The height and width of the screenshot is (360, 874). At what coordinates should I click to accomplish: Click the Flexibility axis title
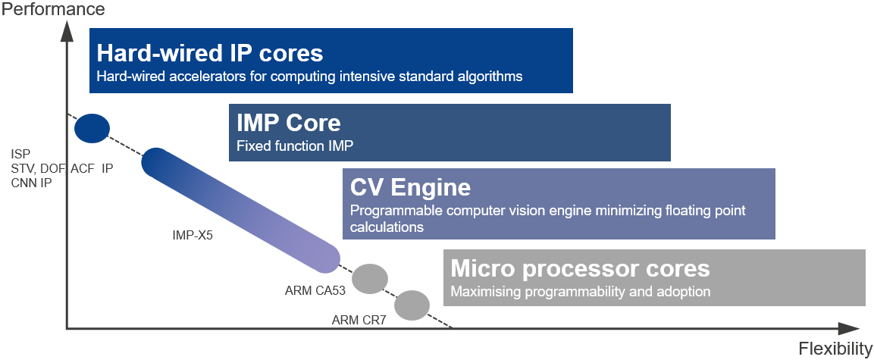pos(835,349)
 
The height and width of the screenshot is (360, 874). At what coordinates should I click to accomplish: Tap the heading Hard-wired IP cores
pos(210,53)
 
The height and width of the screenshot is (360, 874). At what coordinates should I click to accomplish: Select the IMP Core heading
pos(289,123)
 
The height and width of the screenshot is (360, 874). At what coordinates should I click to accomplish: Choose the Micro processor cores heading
pos(580,268)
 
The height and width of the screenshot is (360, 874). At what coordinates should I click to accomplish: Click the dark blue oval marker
pos(92,128)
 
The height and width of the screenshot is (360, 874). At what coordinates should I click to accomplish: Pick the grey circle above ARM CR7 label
pos(412,305)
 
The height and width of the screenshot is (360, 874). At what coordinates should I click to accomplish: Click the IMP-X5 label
pos(193,235)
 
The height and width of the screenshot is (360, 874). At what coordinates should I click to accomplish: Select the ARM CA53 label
pos(316,290)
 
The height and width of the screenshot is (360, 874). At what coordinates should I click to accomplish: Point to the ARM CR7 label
pos(359,320)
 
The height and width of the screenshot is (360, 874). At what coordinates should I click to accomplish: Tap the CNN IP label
pos(31,183)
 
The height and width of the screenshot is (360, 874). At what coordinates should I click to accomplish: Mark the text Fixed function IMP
pos(295,146)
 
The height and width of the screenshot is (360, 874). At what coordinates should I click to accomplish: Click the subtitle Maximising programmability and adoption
pos(580,291)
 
